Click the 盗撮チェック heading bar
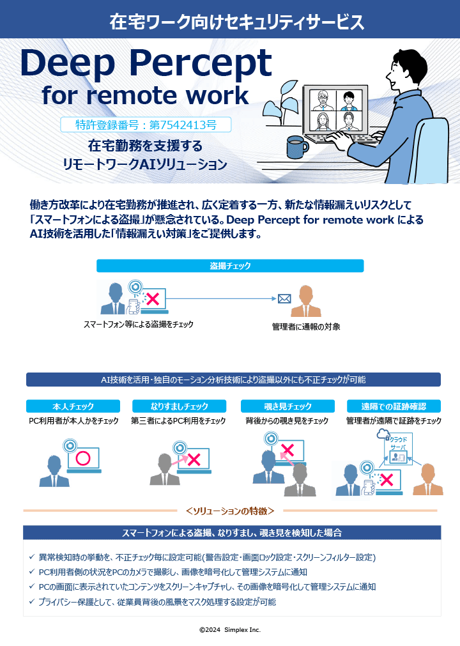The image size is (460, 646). point(230,266)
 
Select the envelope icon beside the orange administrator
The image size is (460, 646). point(284,298)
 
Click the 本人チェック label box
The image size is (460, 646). point(73,406)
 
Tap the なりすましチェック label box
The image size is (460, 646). point(179,406)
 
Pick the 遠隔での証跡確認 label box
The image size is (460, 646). point(394,406)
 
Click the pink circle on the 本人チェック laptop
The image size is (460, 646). point(82,458)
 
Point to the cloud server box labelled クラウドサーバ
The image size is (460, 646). point(398,449)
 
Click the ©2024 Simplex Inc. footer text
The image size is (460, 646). point(230,629)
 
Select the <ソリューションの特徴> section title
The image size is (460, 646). point(230,511)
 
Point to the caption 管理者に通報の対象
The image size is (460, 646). point(306,327)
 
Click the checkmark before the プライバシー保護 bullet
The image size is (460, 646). point(33,602)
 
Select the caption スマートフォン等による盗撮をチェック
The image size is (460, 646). point(139,325)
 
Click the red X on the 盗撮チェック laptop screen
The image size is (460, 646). point(153,298)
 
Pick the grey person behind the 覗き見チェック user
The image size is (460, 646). point(299,480)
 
